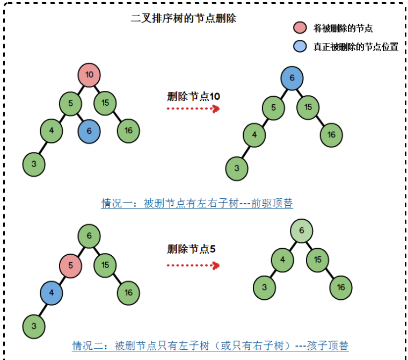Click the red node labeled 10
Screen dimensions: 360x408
pyautogui.click(x=89, y=75)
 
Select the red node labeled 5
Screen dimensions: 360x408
pyautogui.click(x=70, y=265)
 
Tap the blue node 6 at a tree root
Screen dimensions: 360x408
pyautogui.click(x=292, y=78)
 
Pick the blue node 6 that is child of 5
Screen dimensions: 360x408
pyautogui.click(x=89, y=131)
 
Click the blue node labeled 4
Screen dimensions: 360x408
pyautogui.click(x=52, y=293)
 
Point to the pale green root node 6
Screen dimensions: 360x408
pyautogui.click(x=302, y=231)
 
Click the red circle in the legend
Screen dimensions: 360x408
pyautogui.click(x=300, y=28)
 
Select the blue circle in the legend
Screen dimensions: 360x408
pyautogui.click(x=300, y=47)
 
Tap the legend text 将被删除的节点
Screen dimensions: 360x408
pyautogui.click(x=343, y=28)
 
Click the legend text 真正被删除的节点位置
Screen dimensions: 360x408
pyautogui.click(x=355, y=47)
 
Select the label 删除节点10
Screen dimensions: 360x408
pyautogui.click(x=193, y=96)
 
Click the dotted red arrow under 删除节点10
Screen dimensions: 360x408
pyautogui.click(x=193, y=109)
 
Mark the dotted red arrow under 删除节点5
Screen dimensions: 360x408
pyautogui.click(x=193, y=265)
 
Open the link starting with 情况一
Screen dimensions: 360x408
pyautogui.click(x=197, y=204)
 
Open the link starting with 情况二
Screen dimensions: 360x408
pyautogui.click(x=210, y=345)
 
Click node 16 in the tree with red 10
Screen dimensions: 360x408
pyautogui.click(x=128, y=131)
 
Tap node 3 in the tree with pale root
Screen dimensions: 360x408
pyautogui.click(x=265, y=287)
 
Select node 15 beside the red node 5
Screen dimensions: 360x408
pyautogui.click(x=105, y=265)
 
